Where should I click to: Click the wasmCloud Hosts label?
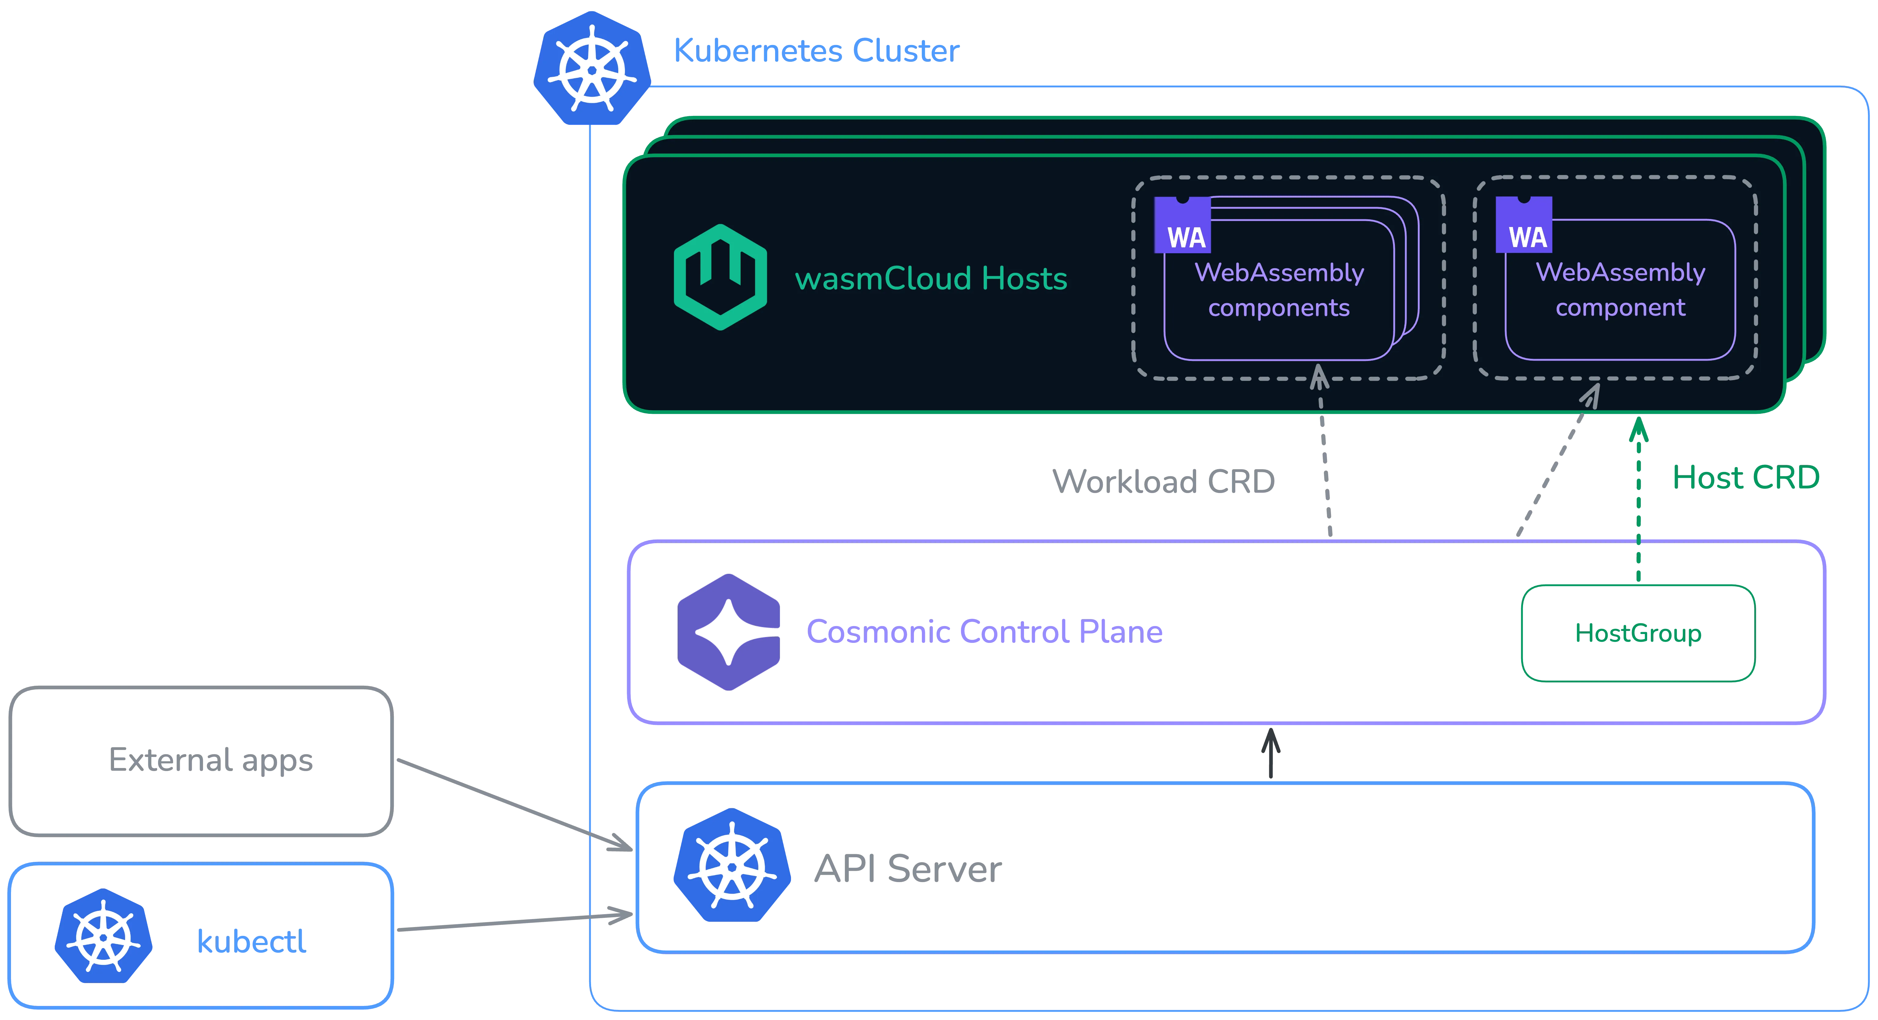click(931, 279)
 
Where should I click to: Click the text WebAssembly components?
click(1279, 289)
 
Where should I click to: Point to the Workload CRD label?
click(1163, 481)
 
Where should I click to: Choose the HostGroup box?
click(1638, 633)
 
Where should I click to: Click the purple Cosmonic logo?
click(728, 631)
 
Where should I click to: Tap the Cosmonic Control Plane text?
click(984, 631)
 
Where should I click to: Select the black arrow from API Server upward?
click(1271, 753)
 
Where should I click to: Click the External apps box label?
click(211, 760)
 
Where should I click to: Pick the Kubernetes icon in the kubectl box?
click(104, 935)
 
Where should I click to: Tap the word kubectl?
click(252, 941)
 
